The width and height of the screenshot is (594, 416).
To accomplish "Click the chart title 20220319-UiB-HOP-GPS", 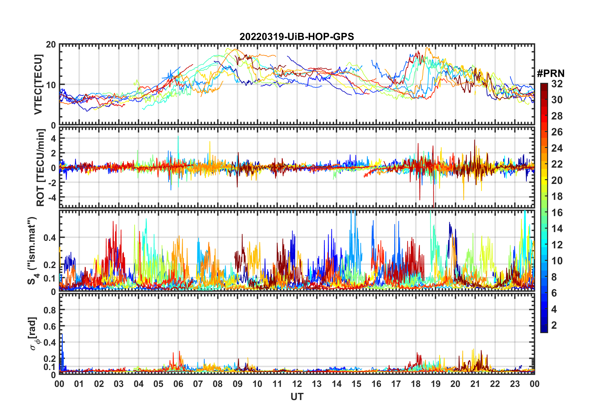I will [297, 37].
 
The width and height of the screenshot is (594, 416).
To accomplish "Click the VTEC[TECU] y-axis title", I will [38, 84].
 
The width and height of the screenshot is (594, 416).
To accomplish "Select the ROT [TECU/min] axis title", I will [41, 168].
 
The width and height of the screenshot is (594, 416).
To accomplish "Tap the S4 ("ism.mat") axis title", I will [32, 251].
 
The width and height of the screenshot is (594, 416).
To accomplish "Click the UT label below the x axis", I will [297, 397].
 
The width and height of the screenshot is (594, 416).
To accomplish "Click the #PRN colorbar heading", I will [551, 74].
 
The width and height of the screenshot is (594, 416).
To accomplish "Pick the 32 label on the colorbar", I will [557, 84].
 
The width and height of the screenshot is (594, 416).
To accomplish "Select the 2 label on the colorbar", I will [554, 325].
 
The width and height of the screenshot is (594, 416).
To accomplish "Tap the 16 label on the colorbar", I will [557, 213].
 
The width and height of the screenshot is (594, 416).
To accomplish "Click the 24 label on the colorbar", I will [557, 148].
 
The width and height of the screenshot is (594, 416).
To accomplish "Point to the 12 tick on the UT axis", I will [297, 384].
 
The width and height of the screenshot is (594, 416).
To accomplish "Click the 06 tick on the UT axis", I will [178, 384].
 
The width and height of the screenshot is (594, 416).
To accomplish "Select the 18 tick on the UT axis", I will [416, 384].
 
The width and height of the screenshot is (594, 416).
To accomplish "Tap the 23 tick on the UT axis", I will [515, 384].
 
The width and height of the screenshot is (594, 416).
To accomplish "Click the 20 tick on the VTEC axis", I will [51, 45].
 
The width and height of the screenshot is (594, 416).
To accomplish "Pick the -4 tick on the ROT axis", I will [52, 197].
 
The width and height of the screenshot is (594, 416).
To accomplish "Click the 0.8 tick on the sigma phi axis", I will [49, 310].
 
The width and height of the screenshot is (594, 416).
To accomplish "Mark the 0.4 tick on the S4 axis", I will [49, 238].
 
